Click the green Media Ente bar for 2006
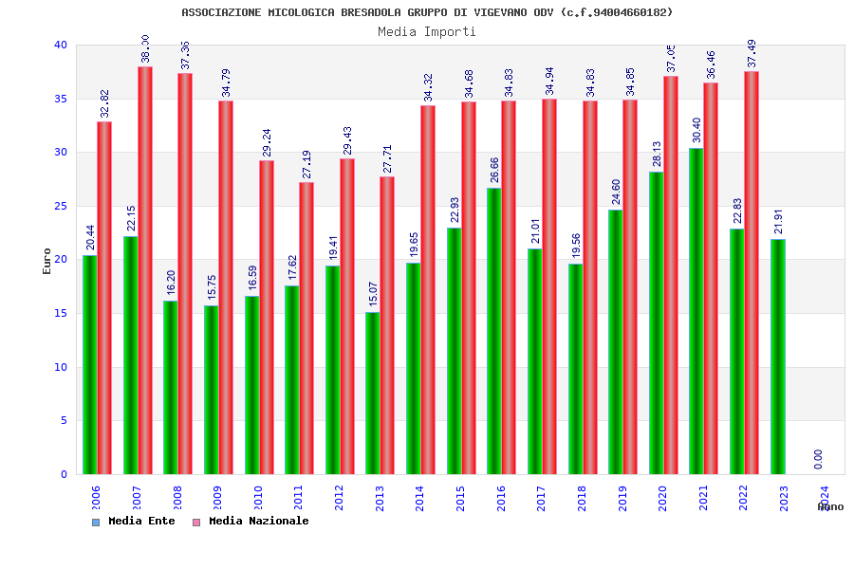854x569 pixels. (89, 365)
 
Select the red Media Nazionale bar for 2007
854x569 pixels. (145, 270)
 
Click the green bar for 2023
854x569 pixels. (777, 357)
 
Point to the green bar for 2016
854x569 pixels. (493, 331)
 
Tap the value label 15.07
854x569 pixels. (373, 294)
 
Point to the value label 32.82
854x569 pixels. (105, 103)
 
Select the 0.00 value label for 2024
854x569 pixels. (818, 459)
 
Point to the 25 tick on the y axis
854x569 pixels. (61, 206)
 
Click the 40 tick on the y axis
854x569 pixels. (61, 45)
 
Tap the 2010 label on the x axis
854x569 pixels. (257, 498)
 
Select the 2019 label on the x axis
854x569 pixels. (622, 498)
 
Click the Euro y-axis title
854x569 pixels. (46, 261)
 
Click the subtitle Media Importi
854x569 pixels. (427, 31)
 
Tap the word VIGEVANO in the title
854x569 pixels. (492, 12)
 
